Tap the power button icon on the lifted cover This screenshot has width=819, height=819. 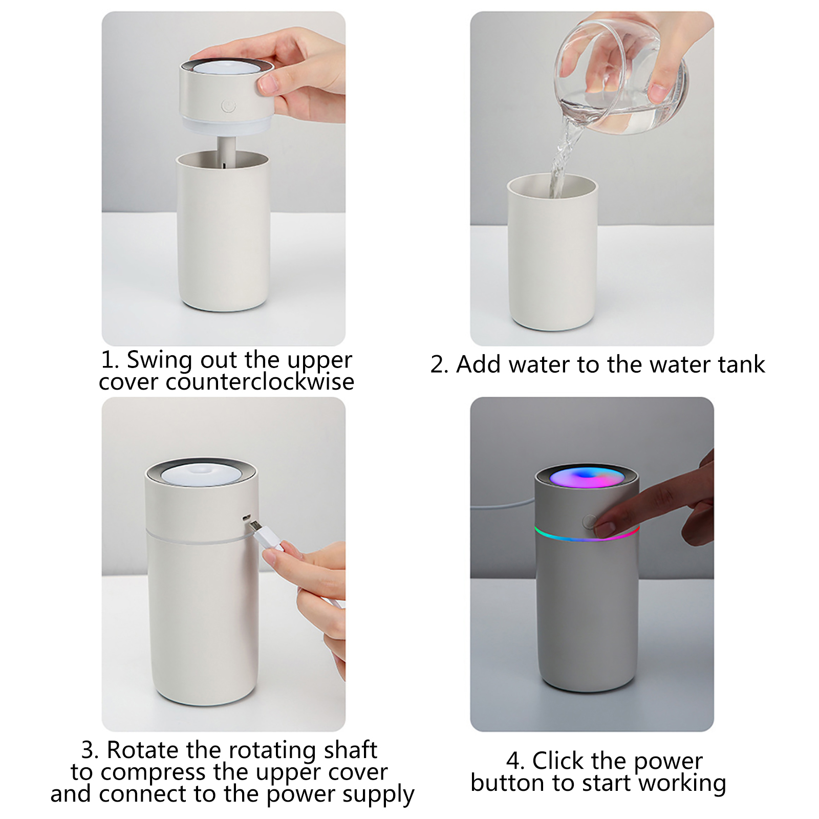[229, 106]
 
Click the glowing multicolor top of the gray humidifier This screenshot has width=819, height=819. [587, 478]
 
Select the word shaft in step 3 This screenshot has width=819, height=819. [351, 750]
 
